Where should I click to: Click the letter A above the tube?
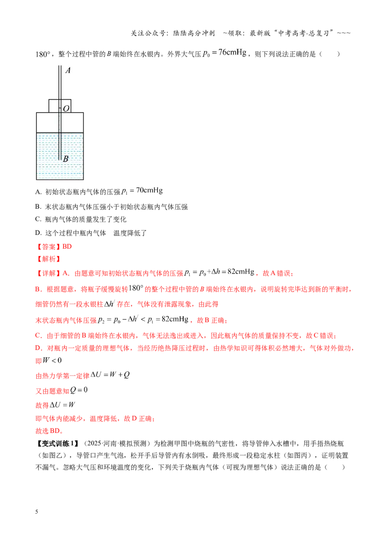click(68, 71)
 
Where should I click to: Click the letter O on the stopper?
click(66, 109)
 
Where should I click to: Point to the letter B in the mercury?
click(66, 158)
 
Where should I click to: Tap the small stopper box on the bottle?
click(60, 106)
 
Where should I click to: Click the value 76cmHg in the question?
click(233, 53)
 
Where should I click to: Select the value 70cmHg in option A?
click(150, 190)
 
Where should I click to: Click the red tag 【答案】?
click(49, 246)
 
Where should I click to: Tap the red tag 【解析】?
click(49, 259)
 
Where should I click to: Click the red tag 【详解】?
click(49, 273)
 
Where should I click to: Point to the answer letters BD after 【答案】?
click(67, 246)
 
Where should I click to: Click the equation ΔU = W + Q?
click(110, 374)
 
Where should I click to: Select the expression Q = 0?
click(79, 390)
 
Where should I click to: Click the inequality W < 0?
click(52, 360)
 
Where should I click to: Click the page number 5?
click(37, 512)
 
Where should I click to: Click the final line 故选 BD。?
click(50, 431)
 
